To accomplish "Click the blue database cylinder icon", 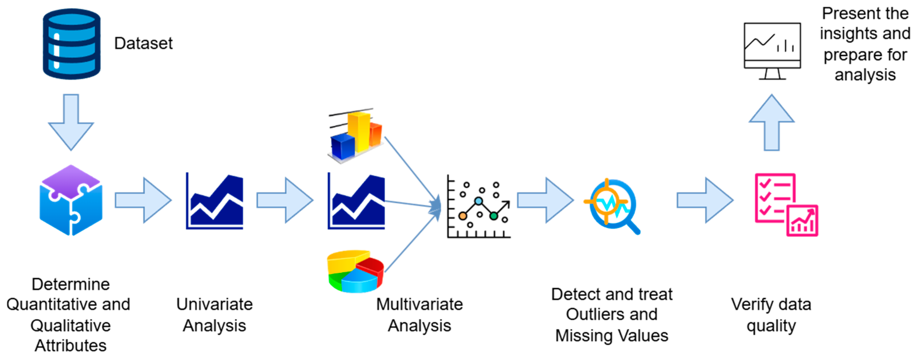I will pos(71,44).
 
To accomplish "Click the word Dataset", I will pos(143,43).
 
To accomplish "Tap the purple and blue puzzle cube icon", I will pos(71,200).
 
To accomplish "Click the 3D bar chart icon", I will pos(356,136).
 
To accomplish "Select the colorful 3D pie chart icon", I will pos(355,271).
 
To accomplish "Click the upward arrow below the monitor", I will pos(771,123).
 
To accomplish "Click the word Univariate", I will pos(214,304).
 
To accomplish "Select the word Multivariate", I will pos(419,304).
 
